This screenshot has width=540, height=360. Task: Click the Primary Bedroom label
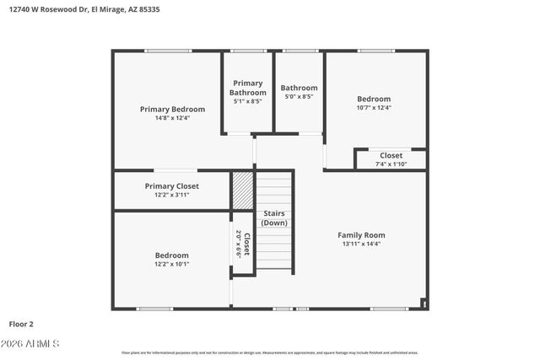tap(172, 109)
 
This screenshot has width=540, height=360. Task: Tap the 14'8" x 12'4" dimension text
tap(172, 118)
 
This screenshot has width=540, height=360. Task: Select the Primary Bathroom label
tap(248, 88)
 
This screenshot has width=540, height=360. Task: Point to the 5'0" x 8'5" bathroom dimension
tap(299, 97)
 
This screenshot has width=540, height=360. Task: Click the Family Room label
tap(361, 234)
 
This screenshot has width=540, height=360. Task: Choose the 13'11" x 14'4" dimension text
tap(361, 244)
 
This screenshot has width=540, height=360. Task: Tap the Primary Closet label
tap(171, 185)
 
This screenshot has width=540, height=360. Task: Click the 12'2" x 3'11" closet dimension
tap(171, 195)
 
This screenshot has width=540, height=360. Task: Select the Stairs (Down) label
tap(274, 218)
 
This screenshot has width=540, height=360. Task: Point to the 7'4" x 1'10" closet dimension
tap(391, 164)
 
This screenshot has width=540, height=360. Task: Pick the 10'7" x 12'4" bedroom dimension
tap(374, 108)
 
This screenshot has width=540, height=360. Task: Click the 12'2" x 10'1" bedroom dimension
tap(171, 264)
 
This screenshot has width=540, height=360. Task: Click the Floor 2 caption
tap(22, 324)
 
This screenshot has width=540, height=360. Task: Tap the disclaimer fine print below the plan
tap(270, 352)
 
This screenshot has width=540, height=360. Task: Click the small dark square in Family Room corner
tap(424, 303)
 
